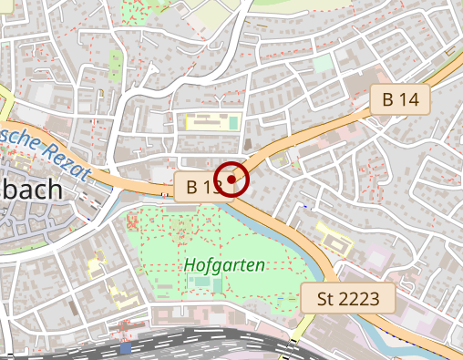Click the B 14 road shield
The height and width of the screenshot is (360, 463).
coord(400,100)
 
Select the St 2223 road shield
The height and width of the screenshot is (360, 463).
coord(347,298)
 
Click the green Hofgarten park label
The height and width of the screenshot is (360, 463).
coord(224,265)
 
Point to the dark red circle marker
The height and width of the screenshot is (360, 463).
coord(232,178)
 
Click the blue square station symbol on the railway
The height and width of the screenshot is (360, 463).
coord(125,347)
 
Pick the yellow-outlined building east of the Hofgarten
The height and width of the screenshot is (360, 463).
coord(334,239)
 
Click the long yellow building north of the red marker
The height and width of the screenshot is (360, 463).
coord(211,121)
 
